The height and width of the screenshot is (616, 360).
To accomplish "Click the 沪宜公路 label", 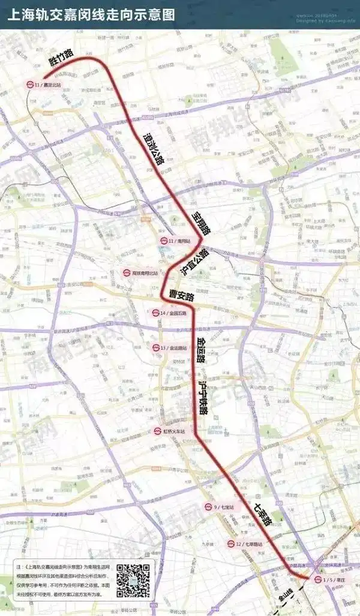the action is [x=194, y=262].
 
